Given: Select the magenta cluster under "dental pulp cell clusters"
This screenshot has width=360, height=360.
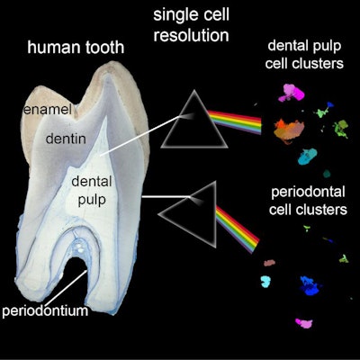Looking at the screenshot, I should pyautogui.click(x=292, y=91).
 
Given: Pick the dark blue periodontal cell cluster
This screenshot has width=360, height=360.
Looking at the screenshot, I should pyautogui.click(x=310, y=288).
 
